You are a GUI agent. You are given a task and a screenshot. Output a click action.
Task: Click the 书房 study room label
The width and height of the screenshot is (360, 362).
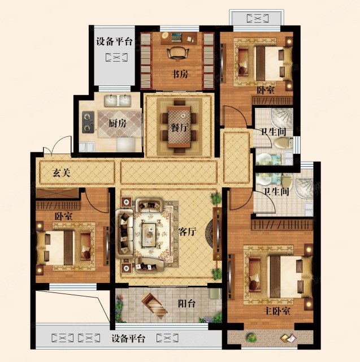click(180, 74)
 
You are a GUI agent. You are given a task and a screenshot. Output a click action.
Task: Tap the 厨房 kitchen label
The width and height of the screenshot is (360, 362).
click(118, 123)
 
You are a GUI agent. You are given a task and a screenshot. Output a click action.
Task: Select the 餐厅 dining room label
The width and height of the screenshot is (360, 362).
click(179, 127)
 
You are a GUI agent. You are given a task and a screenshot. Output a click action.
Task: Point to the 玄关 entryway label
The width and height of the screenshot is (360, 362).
click(61, 173)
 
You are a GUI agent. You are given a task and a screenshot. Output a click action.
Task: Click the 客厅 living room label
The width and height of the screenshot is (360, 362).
click(188, 231)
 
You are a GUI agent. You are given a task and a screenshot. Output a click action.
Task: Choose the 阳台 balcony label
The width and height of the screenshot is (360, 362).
click(187, 304)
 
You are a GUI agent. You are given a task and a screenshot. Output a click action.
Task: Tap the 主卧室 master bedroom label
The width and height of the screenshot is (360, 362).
click(277, 312)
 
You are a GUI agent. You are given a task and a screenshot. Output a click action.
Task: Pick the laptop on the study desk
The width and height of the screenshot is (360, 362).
click(176, 37)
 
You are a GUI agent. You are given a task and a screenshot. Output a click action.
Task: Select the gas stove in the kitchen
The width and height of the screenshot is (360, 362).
click(88, 122)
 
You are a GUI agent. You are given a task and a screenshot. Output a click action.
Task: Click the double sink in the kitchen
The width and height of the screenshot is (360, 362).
click(118, 101)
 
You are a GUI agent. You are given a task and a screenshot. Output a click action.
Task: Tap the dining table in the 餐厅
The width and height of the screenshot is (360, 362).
click(179, 127)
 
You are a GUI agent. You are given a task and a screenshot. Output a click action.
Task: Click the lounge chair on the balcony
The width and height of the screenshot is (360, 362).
click(154, 306)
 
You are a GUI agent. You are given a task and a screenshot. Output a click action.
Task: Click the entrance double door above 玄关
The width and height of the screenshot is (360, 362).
click(57, 145)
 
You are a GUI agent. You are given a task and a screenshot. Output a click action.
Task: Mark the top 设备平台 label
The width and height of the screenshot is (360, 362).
click(114, 42)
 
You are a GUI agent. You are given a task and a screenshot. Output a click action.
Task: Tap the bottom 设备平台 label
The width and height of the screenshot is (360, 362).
click(128, 339)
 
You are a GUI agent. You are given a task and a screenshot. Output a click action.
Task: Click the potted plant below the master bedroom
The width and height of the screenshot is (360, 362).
click(251, 338)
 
